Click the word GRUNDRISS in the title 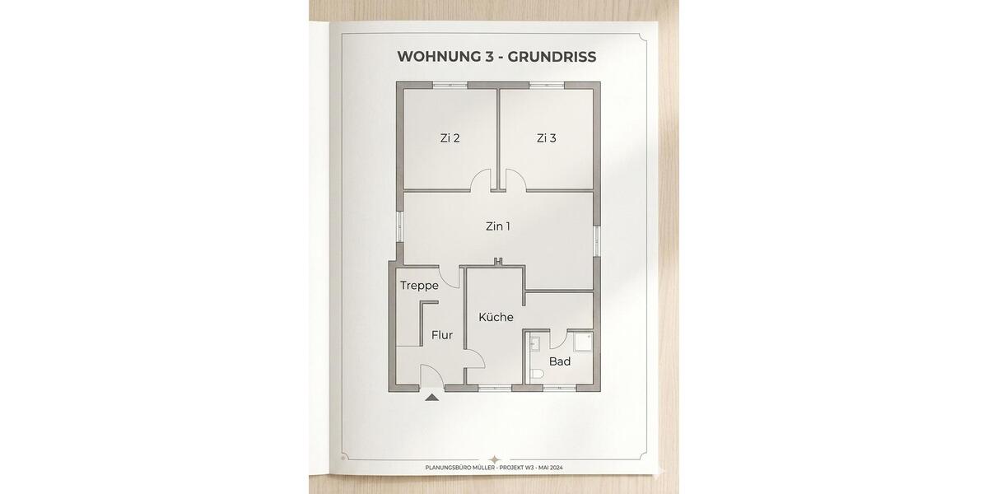tap(552, 57)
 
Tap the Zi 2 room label tap(450, 138)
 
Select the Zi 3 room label tap(547, 138)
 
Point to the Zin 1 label tap(498, 226)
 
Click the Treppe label tap(419, 286)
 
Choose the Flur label tap(442, 335)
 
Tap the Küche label tap(496, 317)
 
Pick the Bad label tap(560, 361)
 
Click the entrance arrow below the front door tap(432, 398)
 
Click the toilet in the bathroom tap(537, 374)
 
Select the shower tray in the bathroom tap(583, 342)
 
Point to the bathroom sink tap(534, 343)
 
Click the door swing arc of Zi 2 tap(477, 175)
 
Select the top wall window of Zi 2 tap(450, 85)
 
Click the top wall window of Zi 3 tap(547, 85)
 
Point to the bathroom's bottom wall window tap(559, 388)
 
